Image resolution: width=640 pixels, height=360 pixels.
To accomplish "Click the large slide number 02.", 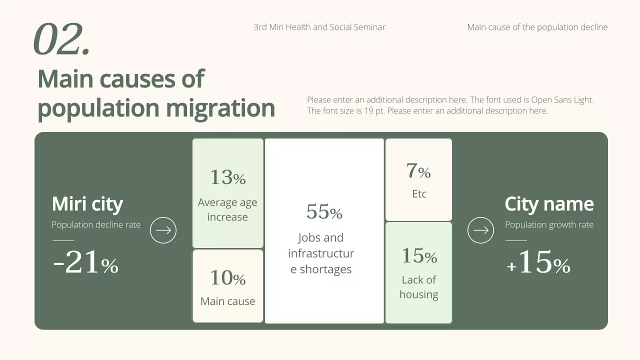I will (61, 39).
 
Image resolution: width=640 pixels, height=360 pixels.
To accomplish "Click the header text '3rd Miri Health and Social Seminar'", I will (319, 27).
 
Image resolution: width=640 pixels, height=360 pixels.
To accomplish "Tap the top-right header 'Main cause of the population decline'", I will (537, 27).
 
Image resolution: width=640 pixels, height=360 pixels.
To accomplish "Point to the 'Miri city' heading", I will (87, 204).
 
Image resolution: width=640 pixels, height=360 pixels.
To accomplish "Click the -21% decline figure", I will (85, 263).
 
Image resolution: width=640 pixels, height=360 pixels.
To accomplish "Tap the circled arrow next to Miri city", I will (163, 230).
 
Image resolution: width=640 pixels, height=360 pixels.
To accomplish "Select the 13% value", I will (227, 177).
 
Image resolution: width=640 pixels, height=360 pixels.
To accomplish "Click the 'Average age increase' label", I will (227, 209).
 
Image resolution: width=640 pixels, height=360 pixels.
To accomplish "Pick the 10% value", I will (227, 278).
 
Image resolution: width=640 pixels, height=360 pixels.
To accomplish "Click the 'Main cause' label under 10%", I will (227, 301).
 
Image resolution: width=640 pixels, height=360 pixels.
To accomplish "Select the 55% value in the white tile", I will (324, 212).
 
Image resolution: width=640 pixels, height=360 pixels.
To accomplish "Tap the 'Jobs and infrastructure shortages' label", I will (321, 253).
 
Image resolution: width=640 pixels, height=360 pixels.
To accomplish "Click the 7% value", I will (418, 171).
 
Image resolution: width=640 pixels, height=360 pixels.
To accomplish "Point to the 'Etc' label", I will (419, 194).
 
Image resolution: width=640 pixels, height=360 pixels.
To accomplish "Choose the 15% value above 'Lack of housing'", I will (419, 256).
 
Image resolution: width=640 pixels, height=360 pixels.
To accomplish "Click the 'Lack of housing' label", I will (419, 287).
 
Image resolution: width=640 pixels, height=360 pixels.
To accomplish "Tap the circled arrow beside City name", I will (480, 230).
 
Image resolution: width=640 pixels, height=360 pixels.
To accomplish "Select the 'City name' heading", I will (549, 204).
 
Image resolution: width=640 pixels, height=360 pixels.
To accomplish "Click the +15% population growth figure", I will (538, 263).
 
